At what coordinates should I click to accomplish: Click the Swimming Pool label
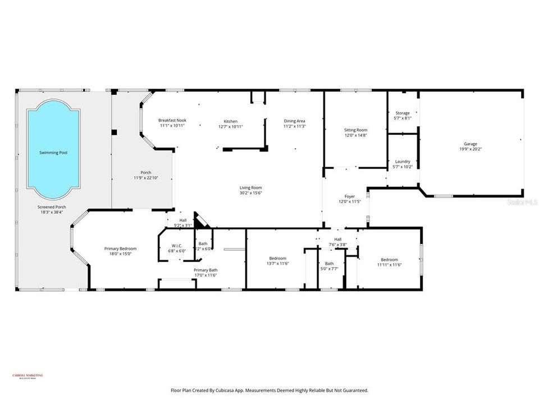[53, 153]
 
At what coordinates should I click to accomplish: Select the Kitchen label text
[231, 121]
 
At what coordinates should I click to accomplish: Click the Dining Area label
[294, 121]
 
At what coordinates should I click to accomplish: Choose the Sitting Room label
[355, 130]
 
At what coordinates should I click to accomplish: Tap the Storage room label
[403, 113]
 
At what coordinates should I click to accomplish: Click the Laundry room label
[403, 162]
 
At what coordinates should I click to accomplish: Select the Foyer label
[350, 196]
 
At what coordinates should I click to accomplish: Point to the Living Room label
[251, 188]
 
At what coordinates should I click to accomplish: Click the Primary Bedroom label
[120, 249]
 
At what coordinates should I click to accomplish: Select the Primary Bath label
[205, 270]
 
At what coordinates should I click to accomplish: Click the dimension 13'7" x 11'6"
[277, 263]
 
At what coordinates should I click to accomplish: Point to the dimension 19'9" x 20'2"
[471, 149]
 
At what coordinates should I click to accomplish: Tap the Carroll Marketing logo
[28, 377]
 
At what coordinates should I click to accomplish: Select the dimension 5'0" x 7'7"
[329, 268]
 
